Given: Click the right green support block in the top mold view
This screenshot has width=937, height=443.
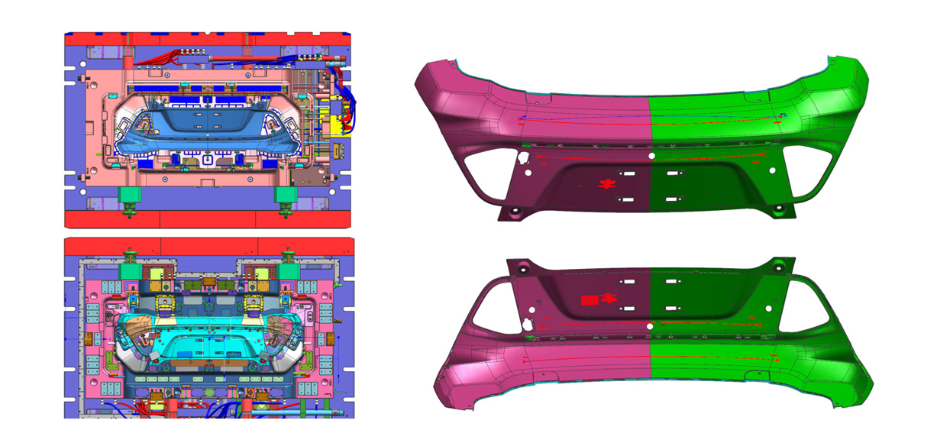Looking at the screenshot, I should coord(286,197).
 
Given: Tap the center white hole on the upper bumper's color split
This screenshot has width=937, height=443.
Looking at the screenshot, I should coord(651,155).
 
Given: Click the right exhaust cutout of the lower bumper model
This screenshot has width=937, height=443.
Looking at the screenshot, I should coord(806,304).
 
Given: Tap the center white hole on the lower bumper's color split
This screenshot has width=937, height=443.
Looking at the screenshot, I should coord(649,326).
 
